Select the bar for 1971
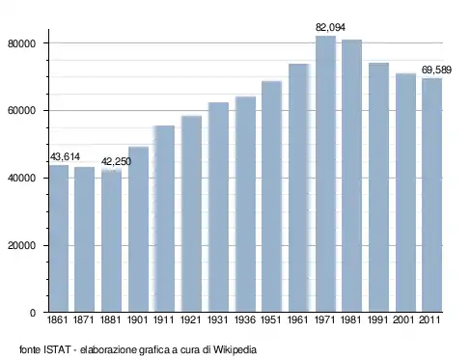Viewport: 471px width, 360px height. tap(325, 174)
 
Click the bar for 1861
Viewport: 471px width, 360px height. tap(59, 238)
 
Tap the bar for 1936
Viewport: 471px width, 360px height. tap(245, 204)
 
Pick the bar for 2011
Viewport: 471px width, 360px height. tap(432, 195)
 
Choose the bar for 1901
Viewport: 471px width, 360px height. tap(138, 229)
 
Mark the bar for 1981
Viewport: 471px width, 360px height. tap(352, 176)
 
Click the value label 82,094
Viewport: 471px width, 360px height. tap(330, 28)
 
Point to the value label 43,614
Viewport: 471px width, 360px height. tap(65, 156)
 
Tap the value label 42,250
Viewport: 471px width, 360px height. tap(116, 161)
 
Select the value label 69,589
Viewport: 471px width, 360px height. tap(436, 69)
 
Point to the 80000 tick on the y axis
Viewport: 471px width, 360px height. tap(21, 43)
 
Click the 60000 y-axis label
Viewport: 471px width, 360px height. tap(21, 111)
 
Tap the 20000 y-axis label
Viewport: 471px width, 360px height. tap(21, 246)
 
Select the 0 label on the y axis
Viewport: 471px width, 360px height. tap(33, 313)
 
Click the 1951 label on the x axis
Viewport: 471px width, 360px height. tap(271, 319)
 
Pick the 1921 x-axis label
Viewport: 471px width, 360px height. tap(190, 319)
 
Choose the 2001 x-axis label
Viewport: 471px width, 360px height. tap(403, 319)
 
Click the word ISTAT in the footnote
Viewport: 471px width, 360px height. tap(57, 349)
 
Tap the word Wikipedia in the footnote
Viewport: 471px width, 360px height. tap(235, 349)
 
